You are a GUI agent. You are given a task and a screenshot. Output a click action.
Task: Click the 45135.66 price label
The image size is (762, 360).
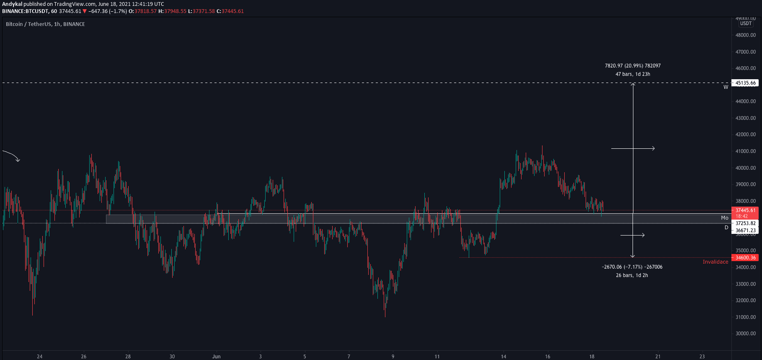tap(745, 83)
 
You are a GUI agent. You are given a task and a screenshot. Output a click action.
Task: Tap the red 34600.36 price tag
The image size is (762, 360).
tap(745, 258)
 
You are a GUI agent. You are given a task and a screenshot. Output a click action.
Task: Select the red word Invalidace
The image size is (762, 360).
tap(715, 262)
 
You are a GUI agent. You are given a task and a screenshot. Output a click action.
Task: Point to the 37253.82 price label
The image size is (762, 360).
tap(745, 223)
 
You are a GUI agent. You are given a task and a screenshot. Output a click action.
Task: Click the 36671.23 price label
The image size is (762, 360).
tap(745, 231)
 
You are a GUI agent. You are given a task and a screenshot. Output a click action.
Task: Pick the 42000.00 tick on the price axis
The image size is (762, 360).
tap(746, 135)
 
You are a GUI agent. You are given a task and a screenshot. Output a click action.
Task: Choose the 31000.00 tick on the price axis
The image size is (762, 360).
tap(746, 317)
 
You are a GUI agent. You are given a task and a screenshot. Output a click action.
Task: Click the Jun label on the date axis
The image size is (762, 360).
tap(216, 357)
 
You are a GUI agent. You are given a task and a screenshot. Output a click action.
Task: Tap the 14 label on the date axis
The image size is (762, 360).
tap(504, 357)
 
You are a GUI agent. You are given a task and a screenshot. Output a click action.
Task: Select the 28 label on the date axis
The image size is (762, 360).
tap(128, 357)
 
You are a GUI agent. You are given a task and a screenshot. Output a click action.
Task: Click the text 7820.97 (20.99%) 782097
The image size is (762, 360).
tap(633, 66)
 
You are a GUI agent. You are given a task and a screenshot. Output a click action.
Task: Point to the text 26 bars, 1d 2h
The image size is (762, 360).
tap(632, 275)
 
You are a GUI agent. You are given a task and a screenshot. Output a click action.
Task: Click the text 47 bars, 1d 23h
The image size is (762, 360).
tap(633, 74)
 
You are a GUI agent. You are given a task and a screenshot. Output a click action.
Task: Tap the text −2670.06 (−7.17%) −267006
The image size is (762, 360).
tap(632, 267)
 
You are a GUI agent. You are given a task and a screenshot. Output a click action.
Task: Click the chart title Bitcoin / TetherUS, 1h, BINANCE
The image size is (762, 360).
tap(45, 24)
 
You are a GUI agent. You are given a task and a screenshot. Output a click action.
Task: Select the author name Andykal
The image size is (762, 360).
tap(12, 4)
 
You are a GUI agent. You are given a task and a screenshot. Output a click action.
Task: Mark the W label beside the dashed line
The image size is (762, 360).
tap(726, 87)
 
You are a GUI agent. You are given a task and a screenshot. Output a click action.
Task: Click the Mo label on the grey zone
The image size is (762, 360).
tap(724, 218)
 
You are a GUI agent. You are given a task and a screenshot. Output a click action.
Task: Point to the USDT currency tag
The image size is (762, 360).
tap(746, 23)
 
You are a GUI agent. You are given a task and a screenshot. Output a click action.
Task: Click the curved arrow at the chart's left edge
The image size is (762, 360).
tap(11, 155)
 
